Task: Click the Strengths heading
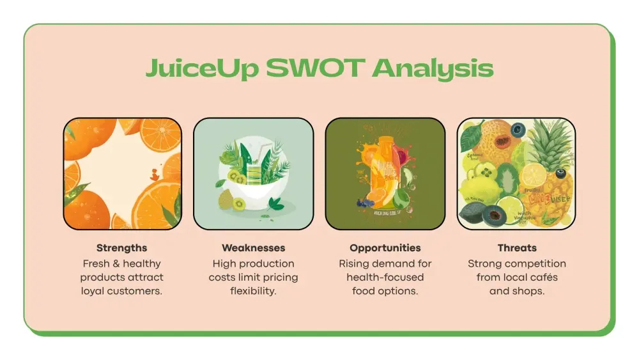click(121, 247)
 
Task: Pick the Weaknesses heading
click(254, 247)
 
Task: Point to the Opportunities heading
click(385, 247)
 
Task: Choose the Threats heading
click(517, 247)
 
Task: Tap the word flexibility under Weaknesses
click(254, 291)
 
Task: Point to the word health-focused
click(385, 278)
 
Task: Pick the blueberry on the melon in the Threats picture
click(518, 130)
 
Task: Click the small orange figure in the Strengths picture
click(154, 173)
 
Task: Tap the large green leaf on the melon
click(473, 134)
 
